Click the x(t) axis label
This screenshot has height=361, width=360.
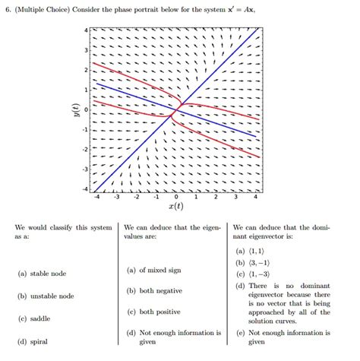coord(175,206)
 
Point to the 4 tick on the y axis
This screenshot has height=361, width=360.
coord(87,30)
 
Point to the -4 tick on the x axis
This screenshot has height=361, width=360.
coord(96,195)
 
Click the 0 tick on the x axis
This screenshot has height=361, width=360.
coord(175,195)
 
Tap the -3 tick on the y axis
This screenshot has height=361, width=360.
coord(85,169)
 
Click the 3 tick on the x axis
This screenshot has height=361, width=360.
coord(235,195)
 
